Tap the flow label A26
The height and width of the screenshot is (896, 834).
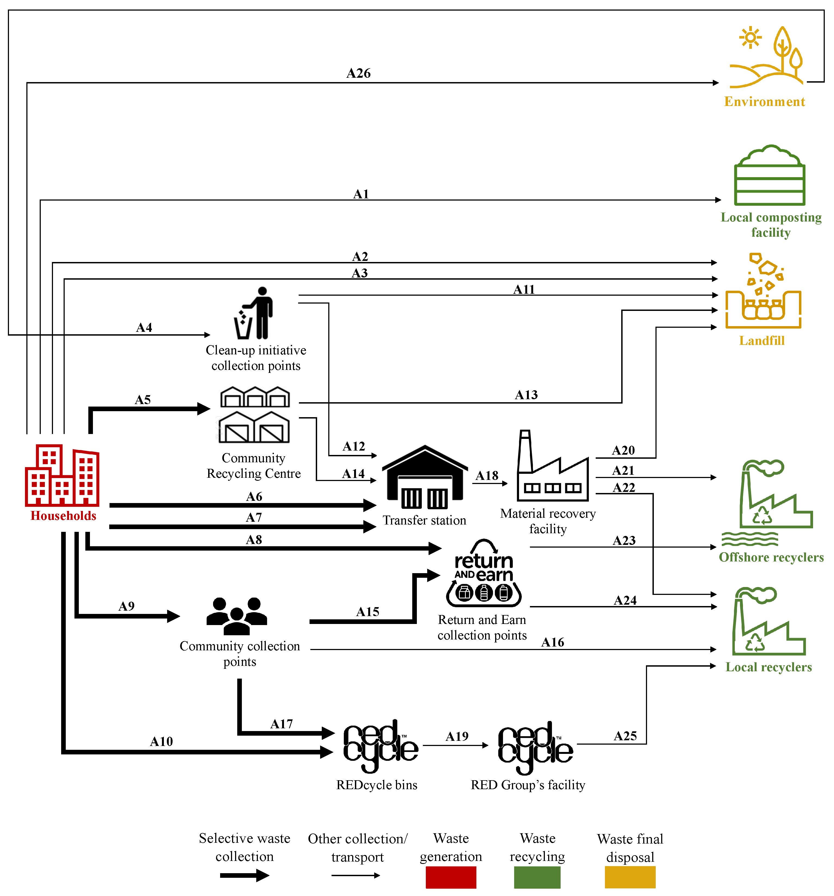pyautogui.click(x=358, y=73)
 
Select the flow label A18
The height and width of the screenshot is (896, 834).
pyautogui.click(x=487, y=476)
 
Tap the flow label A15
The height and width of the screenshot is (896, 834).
pyautogui.click(x=368, y=612)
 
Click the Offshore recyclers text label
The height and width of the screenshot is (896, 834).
pyautogui.click(x=771, y=558)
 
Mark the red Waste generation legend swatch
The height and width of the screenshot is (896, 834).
pyautogui.click(x=451, y=878)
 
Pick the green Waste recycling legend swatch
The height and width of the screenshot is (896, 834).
pyautogui.click(x=537, y=878)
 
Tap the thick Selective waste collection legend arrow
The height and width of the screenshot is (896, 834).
pyautogui.click(x=245, y=876)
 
